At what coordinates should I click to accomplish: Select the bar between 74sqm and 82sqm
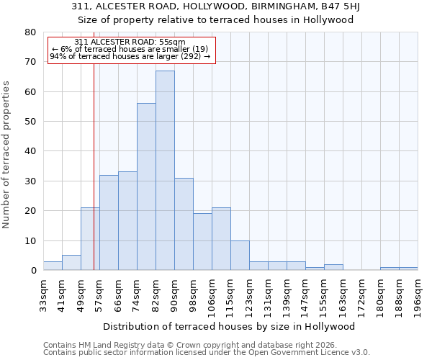click(146, 186)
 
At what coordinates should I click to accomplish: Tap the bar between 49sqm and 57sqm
click(90, 239)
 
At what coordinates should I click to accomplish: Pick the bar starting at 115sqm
click(240, 256)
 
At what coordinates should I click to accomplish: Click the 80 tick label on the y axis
click(30, 32)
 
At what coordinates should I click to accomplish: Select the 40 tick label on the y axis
click(30, 151)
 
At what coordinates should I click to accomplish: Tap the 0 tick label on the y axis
click(33, 271)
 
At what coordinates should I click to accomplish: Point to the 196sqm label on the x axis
click(418, 295)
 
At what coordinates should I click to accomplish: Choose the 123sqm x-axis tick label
click(250, 295)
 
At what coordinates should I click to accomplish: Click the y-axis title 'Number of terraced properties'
click(6, 154)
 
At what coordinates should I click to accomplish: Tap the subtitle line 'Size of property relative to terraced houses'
click(215, 19)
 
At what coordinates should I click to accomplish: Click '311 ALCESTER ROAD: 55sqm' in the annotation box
click(130, 42)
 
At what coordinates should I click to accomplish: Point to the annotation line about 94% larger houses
click(130, 56)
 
